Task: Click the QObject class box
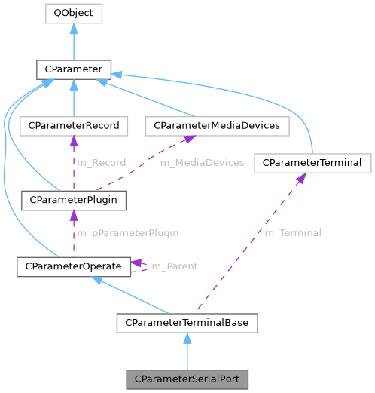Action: [x=73, y=13]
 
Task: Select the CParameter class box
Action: [x=73, y=70]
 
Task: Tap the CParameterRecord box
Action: [x=73, y=125]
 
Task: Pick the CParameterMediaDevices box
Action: [x=217, y=125]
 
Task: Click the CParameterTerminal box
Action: [x=312, y=163]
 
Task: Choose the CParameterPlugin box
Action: [x=73, y=201]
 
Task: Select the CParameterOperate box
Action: [x=73, y=266]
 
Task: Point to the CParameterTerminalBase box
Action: [x=187, y=324]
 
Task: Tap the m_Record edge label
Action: [x=101, y=162]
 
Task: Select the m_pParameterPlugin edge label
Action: [x=129, y=233]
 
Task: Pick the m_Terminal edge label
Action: [x=292, y=233]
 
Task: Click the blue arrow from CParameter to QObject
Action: [x=73, y=41]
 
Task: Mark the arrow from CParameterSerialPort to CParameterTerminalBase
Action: [x=187, y=351]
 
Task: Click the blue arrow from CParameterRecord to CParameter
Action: [x=73, y=98]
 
